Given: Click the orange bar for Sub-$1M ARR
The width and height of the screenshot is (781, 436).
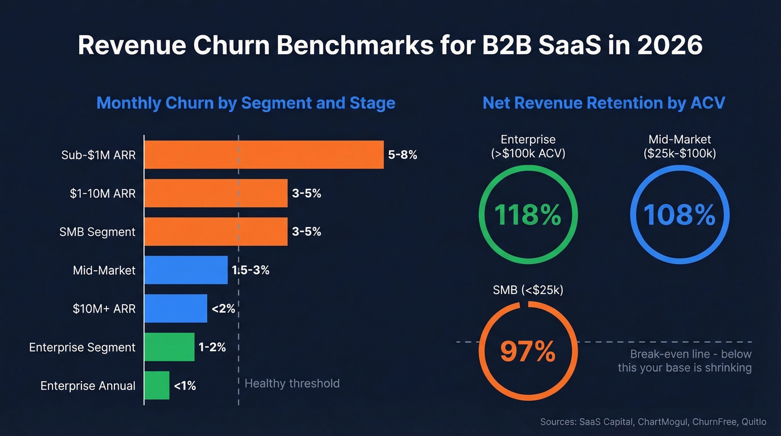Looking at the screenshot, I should coord(264,155).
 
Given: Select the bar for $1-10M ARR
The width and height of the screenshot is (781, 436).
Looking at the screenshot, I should coord(216,193).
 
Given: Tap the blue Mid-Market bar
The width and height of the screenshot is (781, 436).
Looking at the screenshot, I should coord(186,270).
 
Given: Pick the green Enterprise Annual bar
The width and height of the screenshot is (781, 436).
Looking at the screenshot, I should coord(157,385).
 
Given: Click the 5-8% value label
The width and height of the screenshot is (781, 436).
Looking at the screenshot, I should coord(402,155).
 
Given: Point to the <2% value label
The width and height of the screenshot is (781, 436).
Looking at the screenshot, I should coord(223,308).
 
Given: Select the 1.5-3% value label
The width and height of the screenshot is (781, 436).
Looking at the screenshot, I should coord(250,270).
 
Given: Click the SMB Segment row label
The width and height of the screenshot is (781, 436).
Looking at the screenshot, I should coord(97,232).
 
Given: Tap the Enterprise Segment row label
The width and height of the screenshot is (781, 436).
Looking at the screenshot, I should coord(82,347).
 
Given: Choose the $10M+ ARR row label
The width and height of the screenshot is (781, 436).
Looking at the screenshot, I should coord(104,309).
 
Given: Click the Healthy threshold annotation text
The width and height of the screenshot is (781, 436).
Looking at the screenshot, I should coord(292,384).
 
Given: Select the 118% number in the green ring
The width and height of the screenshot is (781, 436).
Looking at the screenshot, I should coord(528,215).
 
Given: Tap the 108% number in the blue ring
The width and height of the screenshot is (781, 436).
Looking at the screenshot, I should coord(679,215).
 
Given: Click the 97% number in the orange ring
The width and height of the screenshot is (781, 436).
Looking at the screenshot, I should coord(528,352).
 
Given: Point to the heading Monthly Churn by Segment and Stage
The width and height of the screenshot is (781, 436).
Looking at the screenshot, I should coord(245,103).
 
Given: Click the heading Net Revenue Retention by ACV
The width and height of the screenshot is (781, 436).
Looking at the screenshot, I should coord(604,103).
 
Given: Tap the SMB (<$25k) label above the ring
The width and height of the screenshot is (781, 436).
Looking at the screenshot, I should coord(528,290).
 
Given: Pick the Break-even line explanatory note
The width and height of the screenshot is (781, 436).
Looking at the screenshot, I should coord(684,361).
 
